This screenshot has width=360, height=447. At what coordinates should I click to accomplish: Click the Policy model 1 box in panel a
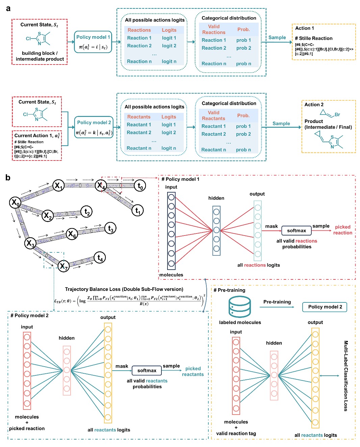click(93, 42)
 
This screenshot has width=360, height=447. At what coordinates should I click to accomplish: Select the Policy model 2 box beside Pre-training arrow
click(325, 307)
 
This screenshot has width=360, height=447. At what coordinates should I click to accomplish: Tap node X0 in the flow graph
click(15, 202)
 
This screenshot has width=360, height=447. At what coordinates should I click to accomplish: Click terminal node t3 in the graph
click(110, 228)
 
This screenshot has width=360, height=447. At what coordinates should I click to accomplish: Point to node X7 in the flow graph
click(63, 266)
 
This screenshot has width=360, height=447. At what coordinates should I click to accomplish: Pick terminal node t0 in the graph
click(140, 185)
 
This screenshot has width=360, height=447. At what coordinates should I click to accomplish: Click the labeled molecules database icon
click(239, 306)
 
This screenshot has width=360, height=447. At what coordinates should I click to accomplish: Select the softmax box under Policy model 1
click(296, 231)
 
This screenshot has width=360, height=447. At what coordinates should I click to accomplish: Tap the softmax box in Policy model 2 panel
click(147, 371)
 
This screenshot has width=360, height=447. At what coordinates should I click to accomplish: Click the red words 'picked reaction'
click(342, 230)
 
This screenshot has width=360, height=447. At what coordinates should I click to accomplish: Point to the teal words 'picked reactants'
click(193, 371)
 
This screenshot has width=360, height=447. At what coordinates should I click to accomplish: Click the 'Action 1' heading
click(305, 28)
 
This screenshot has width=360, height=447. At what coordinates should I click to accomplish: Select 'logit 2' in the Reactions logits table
click(169, 46)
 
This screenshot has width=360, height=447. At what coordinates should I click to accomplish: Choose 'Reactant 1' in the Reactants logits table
click(139, 125)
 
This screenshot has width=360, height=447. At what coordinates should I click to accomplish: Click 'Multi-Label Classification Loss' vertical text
click(345, 375)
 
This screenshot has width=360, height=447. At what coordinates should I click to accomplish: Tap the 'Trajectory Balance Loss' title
click(124, 289)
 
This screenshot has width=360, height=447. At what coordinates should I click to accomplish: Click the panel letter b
click(8, 178)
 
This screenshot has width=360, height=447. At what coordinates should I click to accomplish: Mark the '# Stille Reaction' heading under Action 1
click(314, 39)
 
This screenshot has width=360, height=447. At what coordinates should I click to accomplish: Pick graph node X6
click(72, 233)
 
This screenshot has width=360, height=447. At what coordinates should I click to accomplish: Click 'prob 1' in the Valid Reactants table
click(243, 126)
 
